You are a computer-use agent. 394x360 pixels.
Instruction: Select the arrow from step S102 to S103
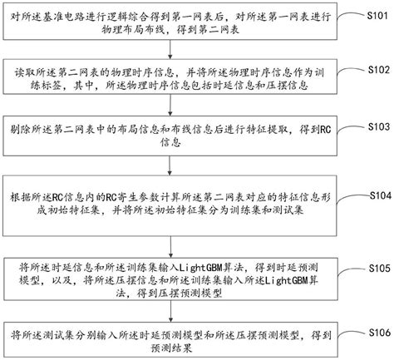[175, 106]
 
